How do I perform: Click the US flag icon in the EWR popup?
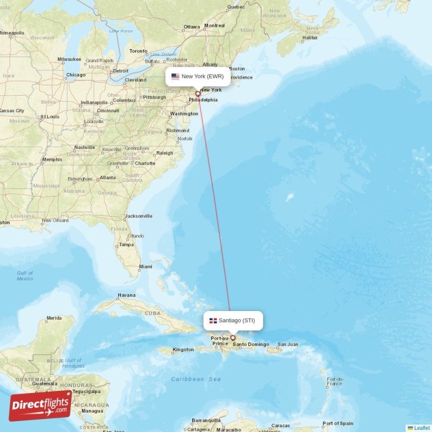[x=175, y=77]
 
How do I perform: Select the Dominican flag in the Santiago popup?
[x=213, y=321]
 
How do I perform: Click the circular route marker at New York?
[x=198, y=94]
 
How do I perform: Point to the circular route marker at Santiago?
[x=233, y=338]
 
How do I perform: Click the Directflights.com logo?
[x=40, y=406]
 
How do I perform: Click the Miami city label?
[x=145, y=267]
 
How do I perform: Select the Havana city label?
[x=126, y=295]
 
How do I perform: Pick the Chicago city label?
[x=76, y=75]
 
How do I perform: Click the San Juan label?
[x=288, y=345]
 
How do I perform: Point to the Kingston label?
[x=183, y=350]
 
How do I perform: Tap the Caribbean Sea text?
[x=196, y=379]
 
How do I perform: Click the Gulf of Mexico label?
[x=25, y=276]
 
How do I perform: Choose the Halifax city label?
[x=310, y=38]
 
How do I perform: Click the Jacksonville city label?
[x=138, y=216]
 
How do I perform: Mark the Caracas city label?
[x=280, y=425]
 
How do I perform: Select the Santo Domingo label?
[x=251, y=345]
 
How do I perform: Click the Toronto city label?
[x=138, y=51]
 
